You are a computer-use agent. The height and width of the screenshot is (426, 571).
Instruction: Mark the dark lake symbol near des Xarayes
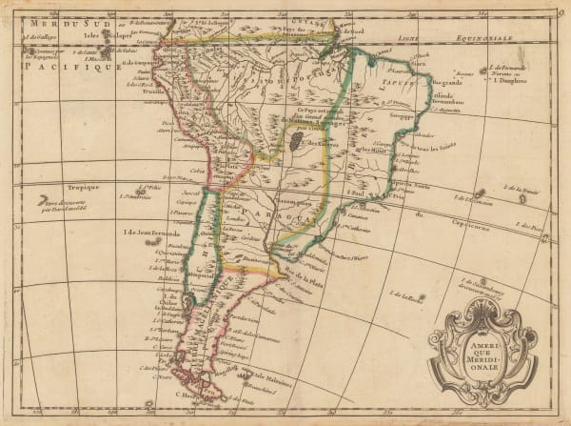298,141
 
